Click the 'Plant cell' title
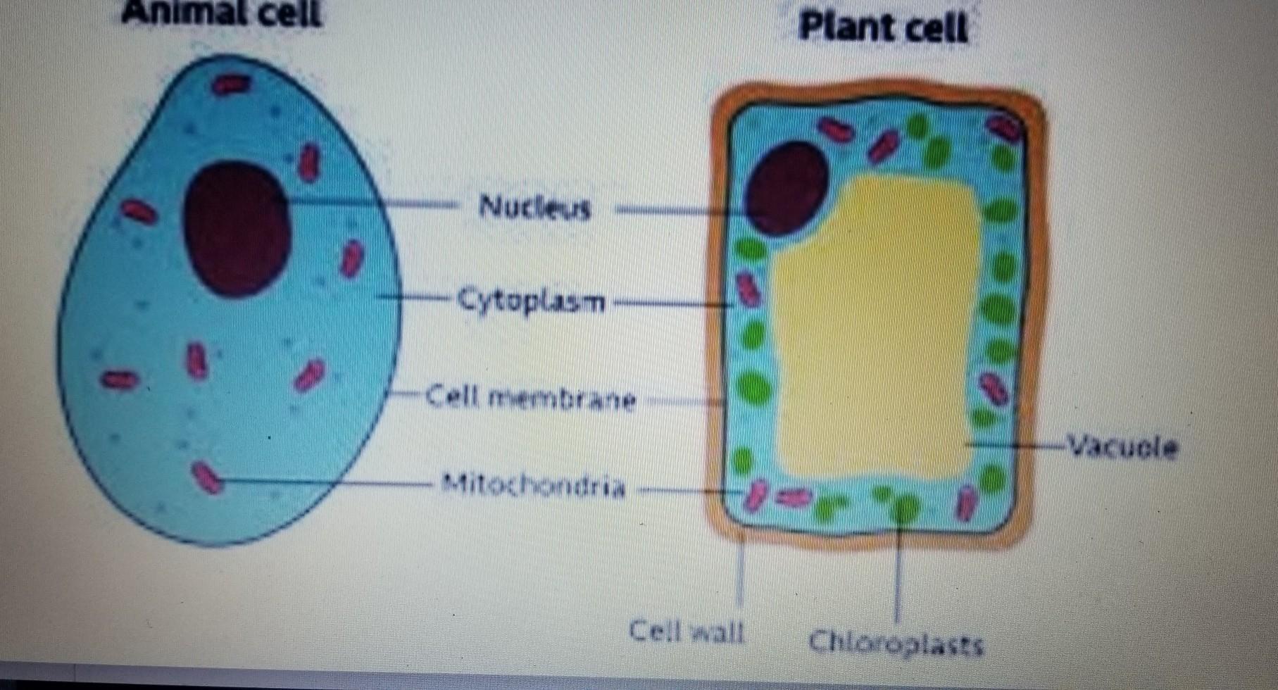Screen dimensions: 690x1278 point(883,29)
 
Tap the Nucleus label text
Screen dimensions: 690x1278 point(534,208)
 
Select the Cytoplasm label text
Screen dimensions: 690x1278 point(532,301)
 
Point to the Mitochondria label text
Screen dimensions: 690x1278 point(533,485)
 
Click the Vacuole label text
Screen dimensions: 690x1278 point(1122,446)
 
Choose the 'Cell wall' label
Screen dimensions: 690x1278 point(687,631)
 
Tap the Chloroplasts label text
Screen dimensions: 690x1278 point(896,643)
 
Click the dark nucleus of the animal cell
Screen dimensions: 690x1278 point(237,228)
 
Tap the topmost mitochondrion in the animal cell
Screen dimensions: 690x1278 point(232,84)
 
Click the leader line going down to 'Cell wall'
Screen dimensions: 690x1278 point(740,570)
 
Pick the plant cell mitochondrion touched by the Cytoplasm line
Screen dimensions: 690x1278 point(747,291)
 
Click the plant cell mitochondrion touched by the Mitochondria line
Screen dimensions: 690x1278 point(756,494)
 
